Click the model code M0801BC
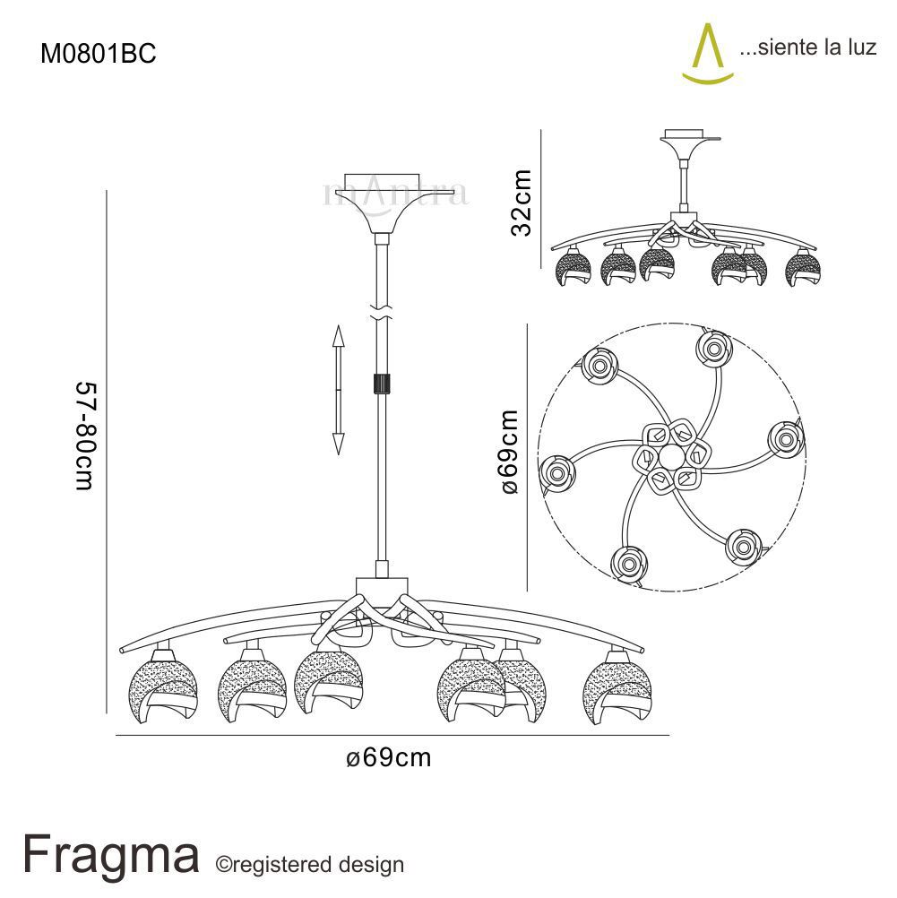coord(99,55)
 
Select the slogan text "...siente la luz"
coord(806,48)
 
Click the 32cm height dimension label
coord(521,203)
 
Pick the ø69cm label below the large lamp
coord(389,758)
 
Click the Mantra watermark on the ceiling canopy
coord(395,193)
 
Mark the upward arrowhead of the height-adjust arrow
coord(339,336)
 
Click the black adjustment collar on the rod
coord(383,384)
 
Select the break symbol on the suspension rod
coord(383,312)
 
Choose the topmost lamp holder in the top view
coord(713,348)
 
